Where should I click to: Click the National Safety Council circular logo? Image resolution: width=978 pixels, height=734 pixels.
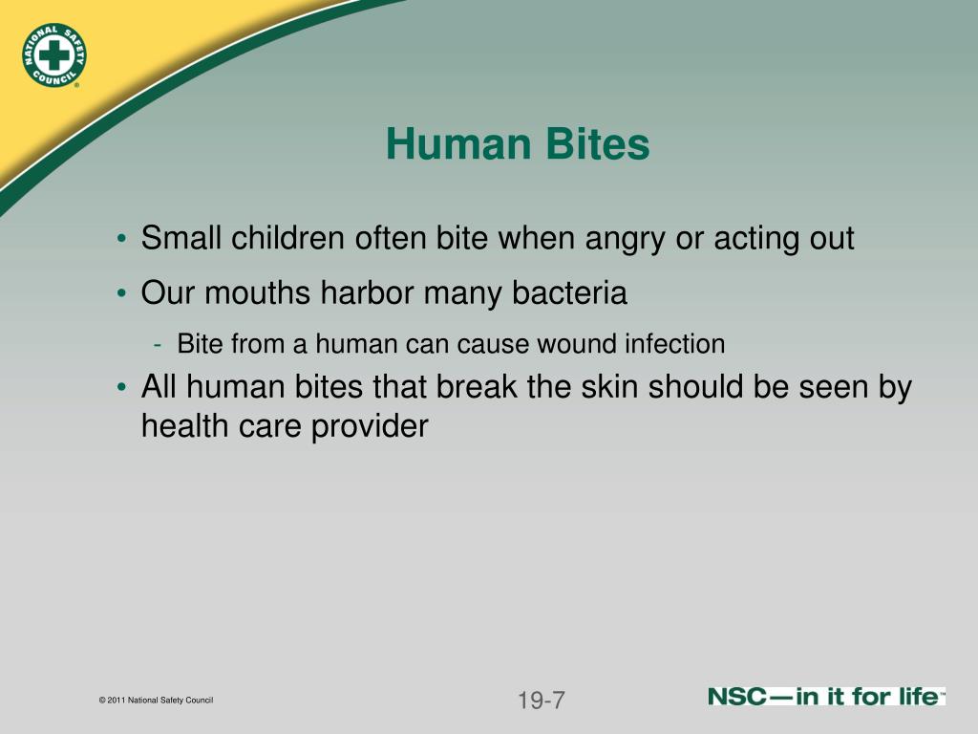(53, 54)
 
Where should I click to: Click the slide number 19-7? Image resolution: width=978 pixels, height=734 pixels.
(542, 701)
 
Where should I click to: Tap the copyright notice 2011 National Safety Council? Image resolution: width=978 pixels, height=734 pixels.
(156, 701)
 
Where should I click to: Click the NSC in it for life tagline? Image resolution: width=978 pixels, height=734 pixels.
(826, 697)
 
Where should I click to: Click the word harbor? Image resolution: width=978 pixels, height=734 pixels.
(372, 293)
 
